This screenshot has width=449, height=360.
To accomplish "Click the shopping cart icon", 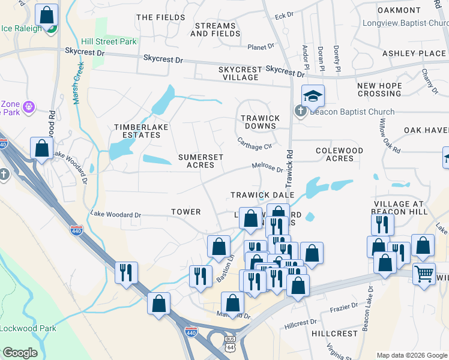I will click(x=424, y=274).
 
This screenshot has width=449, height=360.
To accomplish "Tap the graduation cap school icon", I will click(x=313, y=95).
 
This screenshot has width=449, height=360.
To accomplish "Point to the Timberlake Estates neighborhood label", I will click(x=138, y=131).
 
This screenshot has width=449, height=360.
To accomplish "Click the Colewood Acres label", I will click(x=339, y=154).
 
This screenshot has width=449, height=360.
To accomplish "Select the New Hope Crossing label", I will click(x=379, y=90).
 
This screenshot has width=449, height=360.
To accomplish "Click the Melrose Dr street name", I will click(x=267, y=169).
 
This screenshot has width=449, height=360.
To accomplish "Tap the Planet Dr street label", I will click(x=261, y=46).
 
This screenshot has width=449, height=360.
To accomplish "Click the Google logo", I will click(x=19, y=353).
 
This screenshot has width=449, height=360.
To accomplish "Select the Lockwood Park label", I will click(x=28, y=328).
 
